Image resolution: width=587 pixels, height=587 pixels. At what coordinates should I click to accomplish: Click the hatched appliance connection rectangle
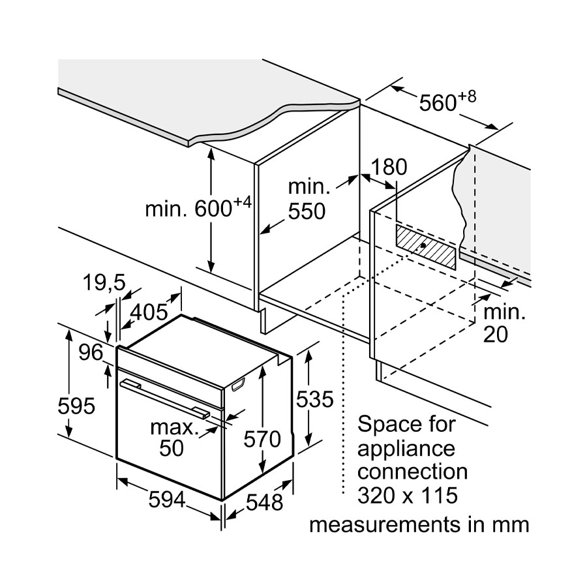426,246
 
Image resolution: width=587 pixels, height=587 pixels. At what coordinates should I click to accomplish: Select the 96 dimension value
91,353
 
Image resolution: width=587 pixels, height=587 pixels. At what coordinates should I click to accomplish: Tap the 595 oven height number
76,406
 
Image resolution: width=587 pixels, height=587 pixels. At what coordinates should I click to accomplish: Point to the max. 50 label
173,438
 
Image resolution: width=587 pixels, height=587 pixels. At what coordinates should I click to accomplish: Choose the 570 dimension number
262,439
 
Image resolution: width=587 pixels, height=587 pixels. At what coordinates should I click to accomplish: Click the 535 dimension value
316,399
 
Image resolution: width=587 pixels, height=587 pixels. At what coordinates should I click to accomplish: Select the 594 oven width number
168,500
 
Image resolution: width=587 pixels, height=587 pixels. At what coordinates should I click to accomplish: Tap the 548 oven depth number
265,502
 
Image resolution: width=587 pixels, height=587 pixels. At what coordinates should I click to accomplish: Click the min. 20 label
504,323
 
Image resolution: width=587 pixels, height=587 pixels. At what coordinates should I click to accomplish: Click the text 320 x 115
408,495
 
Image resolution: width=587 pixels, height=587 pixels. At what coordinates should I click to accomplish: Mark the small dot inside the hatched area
425,246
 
